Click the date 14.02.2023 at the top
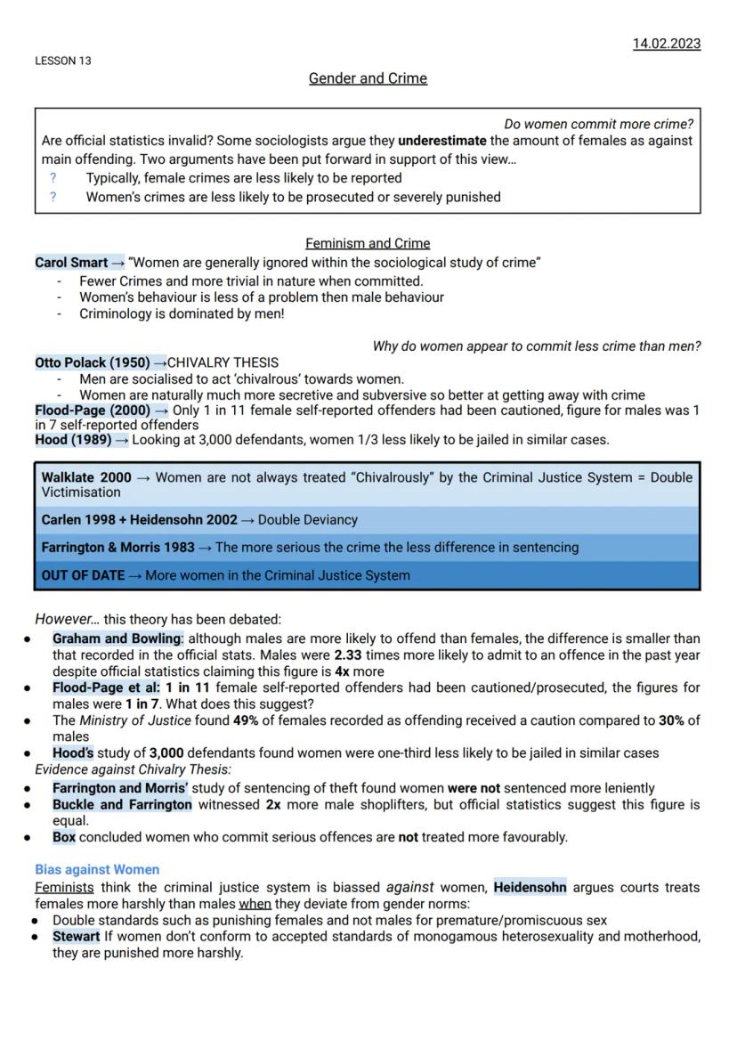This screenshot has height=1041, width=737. (667, 44)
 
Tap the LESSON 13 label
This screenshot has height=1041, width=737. (62, 61)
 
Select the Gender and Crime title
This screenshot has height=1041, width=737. (368, 78)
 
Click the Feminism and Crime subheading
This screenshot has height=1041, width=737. (368, 243)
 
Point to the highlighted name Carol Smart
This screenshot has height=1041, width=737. (71, 263)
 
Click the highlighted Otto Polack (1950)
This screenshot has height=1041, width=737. (93, 362)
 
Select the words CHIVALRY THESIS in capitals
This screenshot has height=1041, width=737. (223, 362)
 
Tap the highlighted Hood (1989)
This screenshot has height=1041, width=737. (73, 439)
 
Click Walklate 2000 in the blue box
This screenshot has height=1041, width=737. (86, 477)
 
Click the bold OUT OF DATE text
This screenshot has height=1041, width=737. (83, 575)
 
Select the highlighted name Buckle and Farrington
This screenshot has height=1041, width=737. (122, 805)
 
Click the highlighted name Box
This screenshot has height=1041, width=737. (64, 837)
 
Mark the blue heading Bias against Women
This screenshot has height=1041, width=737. (97, 869)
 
